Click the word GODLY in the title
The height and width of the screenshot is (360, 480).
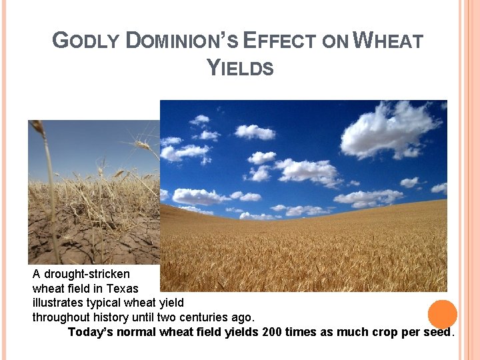[x=86, y=41]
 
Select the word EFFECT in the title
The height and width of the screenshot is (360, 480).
[x=276, y=41]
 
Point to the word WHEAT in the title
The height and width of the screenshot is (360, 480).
[x=387, y=41]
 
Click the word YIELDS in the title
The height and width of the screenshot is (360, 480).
[x=240, y=68]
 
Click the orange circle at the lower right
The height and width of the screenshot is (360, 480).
[x=442, y=314]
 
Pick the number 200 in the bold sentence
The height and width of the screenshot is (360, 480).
[x=272, y=332]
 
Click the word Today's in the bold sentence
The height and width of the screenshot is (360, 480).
[x=91, y=332]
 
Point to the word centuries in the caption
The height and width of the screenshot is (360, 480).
[x=205, y=317]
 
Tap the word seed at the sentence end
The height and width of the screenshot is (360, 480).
[x=437, y=332]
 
